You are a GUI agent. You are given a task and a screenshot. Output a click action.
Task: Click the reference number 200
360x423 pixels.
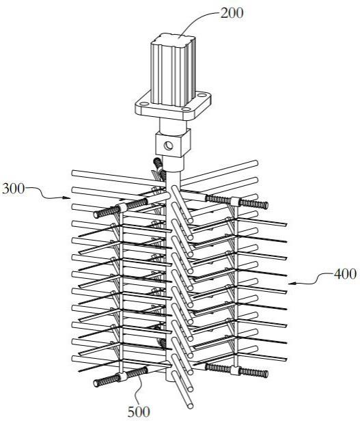232,13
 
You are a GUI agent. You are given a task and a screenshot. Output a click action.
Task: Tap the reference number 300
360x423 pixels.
13,189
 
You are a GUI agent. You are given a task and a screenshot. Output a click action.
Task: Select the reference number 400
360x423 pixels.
345,274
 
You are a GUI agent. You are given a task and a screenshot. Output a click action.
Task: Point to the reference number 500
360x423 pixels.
139,412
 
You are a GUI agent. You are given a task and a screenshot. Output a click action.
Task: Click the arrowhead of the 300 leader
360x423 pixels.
68,197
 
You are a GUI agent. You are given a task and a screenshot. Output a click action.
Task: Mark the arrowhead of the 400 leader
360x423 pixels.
292,284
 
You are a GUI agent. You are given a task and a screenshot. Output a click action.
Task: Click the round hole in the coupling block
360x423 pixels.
169,146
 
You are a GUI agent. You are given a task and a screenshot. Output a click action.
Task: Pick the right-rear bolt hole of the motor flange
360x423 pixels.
202,95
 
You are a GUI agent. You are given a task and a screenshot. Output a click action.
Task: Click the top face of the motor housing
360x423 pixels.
174,40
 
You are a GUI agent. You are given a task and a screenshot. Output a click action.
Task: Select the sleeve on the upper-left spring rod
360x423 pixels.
123,208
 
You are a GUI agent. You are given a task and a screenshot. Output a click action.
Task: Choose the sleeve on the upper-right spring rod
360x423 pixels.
235,202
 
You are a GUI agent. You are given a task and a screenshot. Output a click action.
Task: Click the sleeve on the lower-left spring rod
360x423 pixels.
123,377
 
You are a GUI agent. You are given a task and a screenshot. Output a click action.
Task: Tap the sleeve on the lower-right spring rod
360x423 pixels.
235,370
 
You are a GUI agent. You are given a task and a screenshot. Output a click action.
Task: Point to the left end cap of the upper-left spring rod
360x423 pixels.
96,215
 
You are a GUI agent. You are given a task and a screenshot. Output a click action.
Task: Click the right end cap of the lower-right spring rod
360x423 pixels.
266,374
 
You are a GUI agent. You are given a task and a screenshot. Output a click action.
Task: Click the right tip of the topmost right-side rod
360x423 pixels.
255,163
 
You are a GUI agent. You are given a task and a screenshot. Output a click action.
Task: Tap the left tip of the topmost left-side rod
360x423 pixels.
74,173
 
